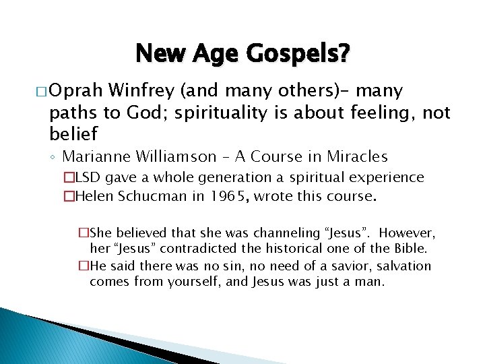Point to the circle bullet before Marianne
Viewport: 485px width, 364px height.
(x=54, y=158)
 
